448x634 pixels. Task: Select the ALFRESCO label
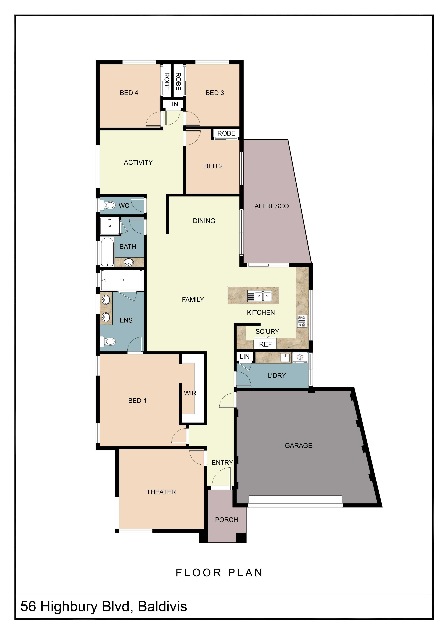tap(271, 206)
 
